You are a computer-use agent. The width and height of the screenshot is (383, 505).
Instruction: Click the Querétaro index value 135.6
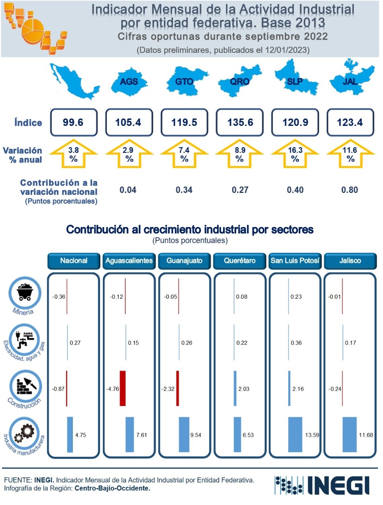(240, 122)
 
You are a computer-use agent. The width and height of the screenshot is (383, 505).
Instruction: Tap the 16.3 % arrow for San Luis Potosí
(295, 154)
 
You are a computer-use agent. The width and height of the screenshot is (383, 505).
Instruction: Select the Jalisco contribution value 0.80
(350, 190)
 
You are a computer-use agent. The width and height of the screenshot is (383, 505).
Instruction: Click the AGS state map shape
(129, 82)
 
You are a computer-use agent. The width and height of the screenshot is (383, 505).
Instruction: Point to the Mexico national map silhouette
(74, 81)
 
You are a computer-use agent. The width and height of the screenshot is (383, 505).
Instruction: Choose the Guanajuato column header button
(184, 261)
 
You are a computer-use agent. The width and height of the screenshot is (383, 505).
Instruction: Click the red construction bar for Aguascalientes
(123, 388)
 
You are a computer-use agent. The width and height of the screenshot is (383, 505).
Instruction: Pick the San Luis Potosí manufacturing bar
(295, 434)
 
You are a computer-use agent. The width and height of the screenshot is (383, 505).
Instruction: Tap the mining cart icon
(25, 293)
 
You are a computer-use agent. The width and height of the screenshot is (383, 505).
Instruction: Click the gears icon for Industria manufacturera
(24, 434)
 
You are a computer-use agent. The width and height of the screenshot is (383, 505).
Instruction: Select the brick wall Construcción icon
(25, 386)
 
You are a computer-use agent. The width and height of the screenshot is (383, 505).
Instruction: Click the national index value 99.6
(73, 122)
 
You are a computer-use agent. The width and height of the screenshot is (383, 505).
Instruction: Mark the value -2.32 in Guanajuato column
(168, 389)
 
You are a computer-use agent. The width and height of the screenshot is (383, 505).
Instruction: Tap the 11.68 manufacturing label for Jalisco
(366, 435)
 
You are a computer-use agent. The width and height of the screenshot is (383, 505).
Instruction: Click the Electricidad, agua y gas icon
(25, 339)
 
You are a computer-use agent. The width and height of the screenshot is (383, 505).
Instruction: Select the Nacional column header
(74, 261)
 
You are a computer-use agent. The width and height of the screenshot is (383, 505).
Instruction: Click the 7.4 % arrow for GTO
(184, 154)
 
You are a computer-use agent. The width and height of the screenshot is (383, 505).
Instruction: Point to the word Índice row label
(28, 123)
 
